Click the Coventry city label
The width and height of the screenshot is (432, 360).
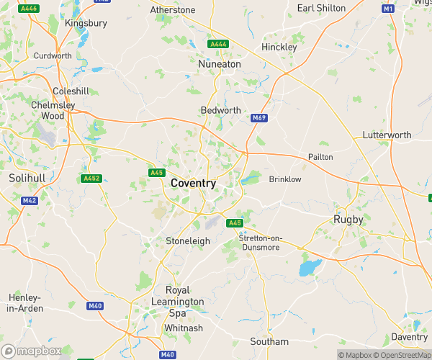click(193, 184)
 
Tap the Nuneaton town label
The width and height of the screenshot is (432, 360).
click(219, 64)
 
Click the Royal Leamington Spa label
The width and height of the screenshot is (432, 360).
click(178, 302)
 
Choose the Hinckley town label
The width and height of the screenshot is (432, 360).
click(279, 47)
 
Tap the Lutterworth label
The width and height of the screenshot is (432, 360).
click(387, 135)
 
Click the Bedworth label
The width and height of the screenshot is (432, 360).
click(220, 110)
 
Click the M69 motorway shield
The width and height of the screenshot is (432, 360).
click(259, 117)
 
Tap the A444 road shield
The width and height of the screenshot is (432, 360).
click(218, 45)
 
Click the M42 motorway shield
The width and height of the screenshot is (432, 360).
click(30, 200)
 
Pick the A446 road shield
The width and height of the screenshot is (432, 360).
click(30, 9)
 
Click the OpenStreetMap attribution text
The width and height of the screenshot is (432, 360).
click(404, 354)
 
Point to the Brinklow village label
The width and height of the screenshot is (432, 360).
click(284, 179)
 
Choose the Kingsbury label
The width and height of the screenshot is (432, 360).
click(86, 23)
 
